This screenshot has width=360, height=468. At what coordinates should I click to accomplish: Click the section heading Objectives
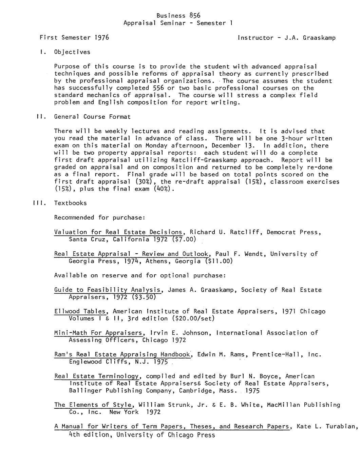click(72, 52)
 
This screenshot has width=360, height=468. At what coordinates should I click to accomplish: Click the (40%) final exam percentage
click(164, 189)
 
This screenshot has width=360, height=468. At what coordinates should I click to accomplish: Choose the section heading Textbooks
click(70, 203)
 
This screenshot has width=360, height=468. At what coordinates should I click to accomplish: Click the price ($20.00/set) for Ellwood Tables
click(193, 318)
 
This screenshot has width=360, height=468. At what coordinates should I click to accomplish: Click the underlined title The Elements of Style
click(93, 405)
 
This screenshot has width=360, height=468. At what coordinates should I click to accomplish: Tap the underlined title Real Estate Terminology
click(97, 376)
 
